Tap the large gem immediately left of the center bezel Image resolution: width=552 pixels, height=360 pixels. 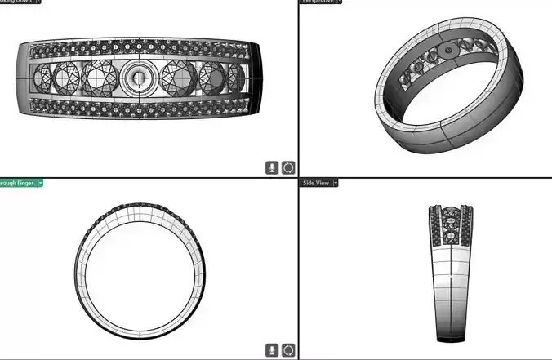(100, 78)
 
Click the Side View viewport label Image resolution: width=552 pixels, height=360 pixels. (315, 184)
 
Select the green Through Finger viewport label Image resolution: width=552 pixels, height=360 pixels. (16, 184)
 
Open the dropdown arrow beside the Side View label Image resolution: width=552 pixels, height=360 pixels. (336, 184)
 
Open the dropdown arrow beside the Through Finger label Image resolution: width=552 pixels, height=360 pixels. (41, 184)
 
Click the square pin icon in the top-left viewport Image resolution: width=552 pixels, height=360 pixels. (272, 167)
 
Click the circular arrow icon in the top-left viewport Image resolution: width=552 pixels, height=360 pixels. (288, 167)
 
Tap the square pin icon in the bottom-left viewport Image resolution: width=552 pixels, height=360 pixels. (272, 350)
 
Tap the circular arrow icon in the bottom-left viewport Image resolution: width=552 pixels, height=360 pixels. (288, 350)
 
